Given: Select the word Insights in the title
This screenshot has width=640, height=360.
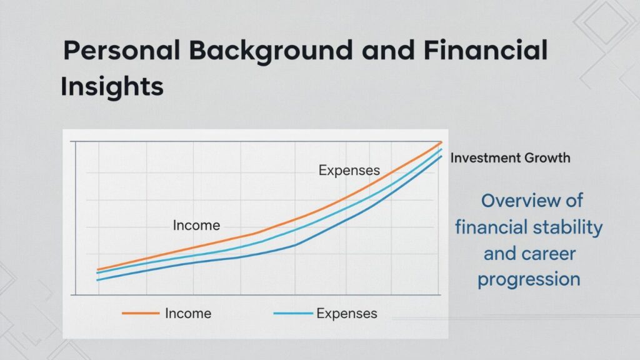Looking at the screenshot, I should tap(112, 87).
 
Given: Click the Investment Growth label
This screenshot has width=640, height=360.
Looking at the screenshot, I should tap(510, 157).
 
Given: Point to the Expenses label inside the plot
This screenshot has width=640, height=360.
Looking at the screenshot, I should tap(349, 170).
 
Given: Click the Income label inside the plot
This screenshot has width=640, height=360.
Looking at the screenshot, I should tap(196, 226).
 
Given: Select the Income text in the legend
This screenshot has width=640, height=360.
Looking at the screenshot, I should tap(187, 313).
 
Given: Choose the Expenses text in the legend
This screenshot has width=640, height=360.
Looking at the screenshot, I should tap(347, 313).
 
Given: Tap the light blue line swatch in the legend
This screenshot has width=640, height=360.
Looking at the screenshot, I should tap(293, 313).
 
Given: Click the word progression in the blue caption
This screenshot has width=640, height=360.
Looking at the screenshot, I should tap(529, 279).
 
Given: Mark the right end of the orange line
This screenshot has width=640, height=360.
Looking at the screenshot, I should tap(441, 143).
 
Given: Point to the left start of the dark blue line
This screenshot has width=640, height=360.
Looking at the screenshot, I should tap(97, 280).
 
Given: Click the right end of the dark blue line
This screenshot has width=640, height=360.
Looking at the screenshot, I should tap(441, 156).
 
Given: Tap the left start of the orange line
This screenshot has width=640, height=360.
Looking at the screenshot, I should tap(97, 270).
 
